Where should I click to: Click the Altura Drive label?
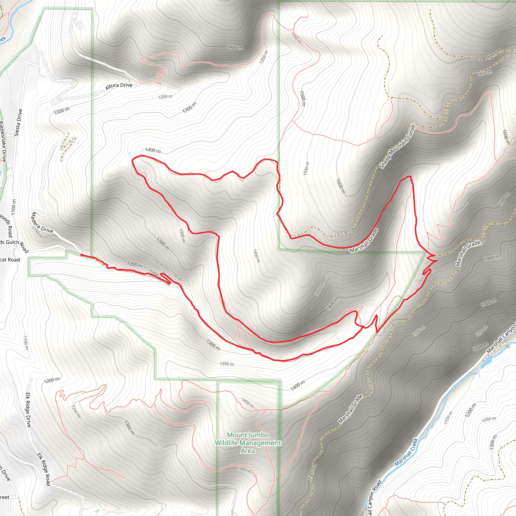click(119, 86)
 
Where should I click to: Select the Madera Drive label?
click(42, 222)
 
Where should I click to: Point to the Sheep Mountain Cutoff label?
click(398, 146)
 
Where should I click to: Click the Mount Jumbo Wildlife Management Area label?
click(248, 443)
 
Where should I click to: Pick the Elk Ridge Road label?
click(44, 469)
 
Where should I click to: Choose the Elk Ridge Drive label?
click(28, 410)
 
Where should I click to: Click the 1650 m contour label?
click(485, 72)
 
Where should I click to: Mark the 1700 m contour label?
click(494, 54)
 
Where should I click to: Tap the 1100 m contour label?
click(14, 206)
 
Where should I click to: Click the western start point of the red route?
click(81, 255)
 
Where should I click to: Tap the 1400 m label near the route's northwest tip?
click(153, 150)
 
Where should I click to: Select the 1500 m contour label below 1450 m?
click(302, 98)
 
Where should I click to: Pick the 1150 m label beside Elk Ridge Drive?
click(26, 343)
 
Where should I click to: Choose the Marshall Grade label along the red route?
click(364, 241)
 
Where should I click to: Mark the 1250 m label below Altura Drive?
click(165, 97)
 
